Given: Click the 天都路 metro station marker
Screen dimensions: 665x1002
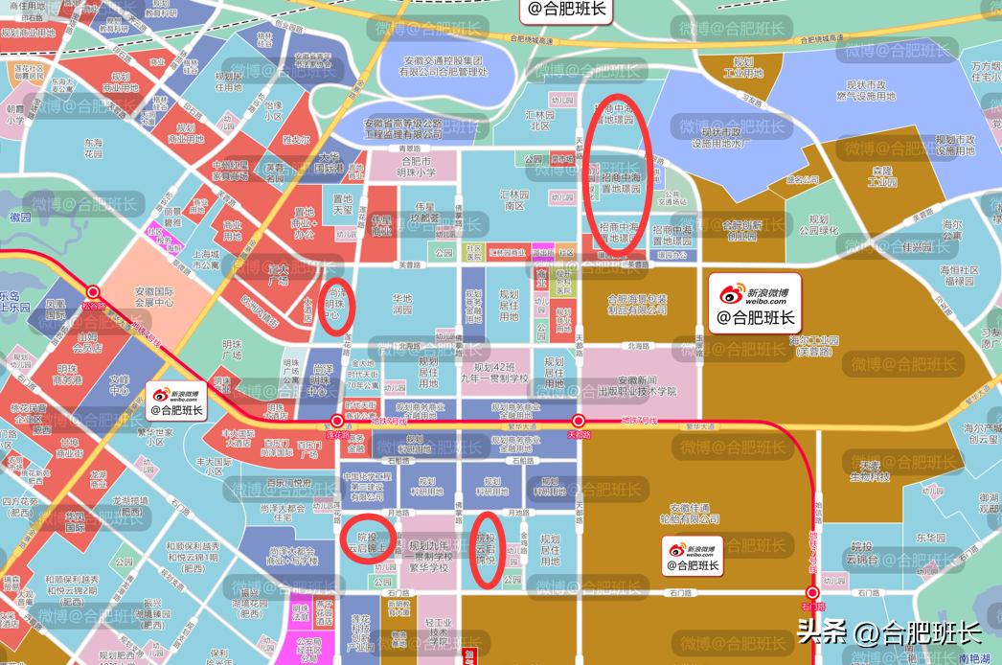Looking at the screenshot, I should (x=579, y=422).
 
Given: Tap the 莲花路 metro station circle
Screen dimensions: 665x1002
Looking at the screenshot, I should (x=337, y=422).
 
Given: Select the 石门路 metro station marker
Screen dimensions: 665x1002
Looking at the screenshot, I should (x=812, y=593).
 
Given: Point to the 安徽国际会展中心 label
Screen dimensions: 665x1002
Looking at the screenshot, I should (x=140, y=295).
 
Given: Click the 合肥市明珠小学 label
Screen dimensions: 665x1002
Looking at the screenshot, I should (x=417, y=167).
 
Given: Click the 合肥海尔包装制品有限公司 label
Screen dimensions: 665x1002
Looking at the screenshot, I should (x=637, y=304).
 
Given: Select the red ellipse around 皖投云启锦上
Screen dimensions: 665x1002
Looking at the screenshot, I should (x=365, y=543).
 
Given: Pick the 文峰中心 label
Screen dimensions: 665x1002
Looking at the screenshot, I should (x=119, y=385).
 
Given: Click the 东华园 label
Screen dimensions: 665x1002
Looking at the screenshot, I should (x=929, y=538).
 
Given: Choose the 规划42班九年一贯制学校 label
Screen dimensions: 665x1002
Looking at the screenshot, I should (x=493, y=373).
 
